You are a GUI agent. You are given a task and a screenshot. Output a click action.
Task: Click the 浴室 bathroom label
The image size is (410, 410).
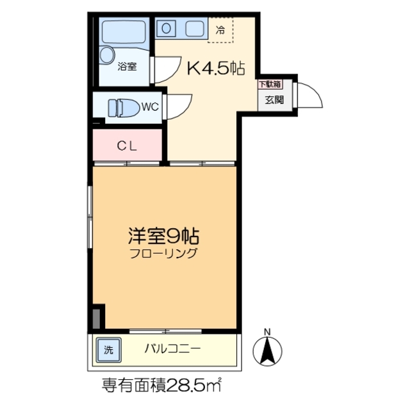click(126, 65)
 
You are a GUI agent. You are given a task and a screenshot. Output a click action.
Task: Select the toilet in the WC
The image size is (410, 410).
click(122, 107)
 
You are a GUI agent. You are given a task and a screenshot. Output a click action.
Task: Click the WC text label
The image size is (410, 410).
click(149, 106)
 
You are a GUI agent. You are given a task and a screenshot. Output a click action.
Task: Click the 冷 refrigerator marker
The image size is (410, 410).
click(220, 29)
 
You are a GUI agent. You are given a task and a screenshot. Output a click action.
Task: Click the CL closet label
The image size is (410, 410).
click(127, 145)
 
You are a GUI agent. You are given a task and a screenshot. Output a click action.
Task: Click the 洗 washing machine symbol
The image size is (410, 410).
click(108, 350)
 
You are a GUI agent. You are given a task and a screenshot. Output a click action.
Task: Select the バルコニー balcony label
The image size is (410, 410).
click(172, 350)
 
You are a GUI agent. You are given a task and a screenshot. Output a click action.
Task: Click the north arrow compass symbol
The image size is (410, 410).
click(268, 351)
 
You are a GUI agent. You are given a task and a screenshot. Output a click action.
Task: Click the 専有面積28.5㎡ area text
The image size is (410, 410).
click(163, 386)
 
